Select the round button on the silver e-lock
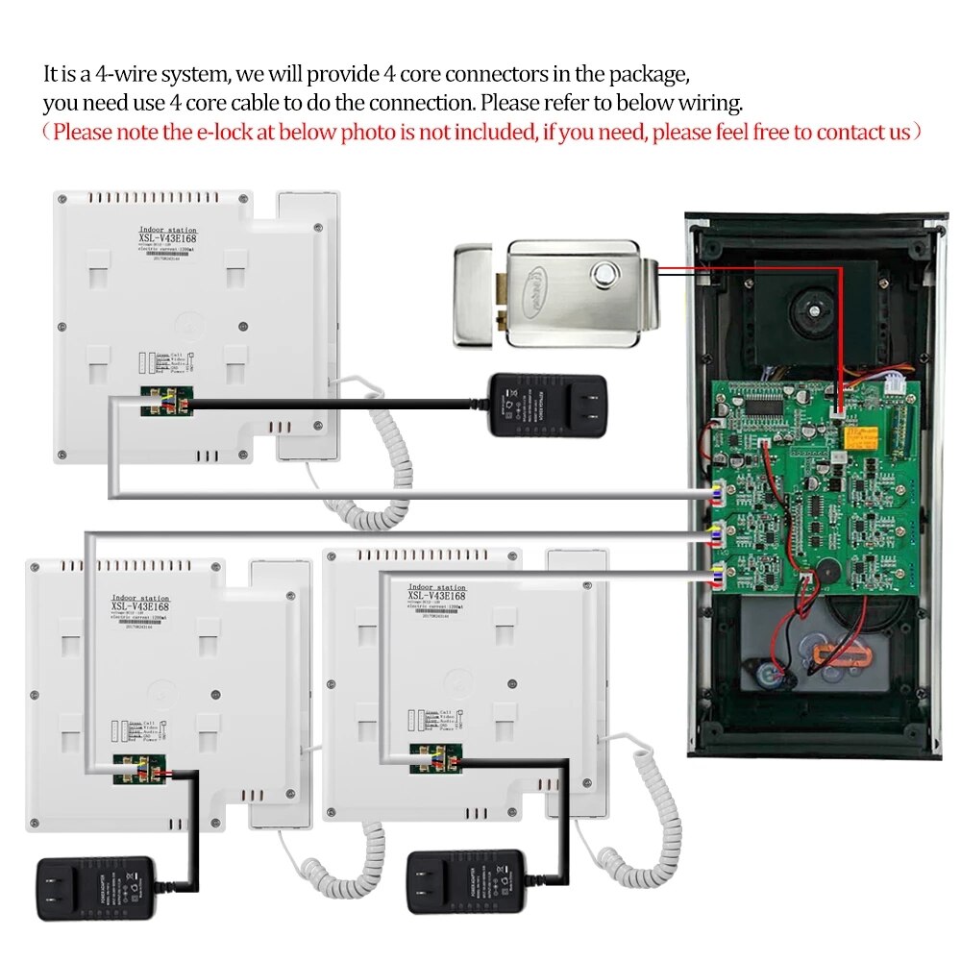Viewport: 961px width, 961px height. tap(604, 276)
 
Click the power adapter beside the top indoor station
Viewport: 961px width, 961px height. tap(546, 406)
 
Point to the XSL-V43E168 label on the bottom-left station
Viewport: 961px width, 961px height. tap(140, 605)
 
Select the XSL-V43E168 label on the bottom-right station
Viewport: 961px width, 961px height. tap(437, 595)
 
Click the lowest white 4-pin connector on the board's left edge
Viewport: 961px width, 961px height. tap(716, 577)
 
